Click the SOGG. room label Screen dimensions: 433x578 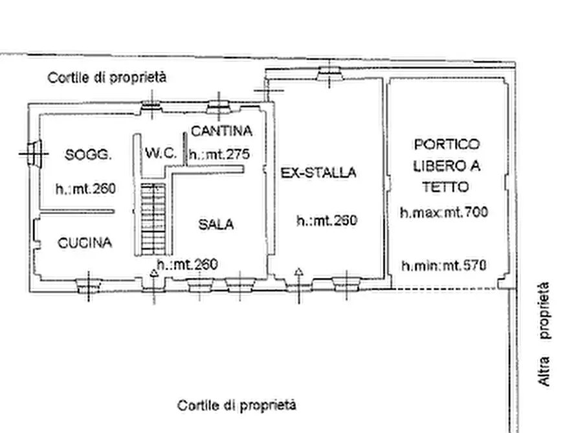pos(89,154)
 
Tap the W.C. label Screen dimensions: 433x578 pos(161,153)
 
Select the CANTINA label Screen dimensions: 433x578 pos(221,131)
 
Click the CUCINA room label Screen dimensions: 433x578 pos(85,243)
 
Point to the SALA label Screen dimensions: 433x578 pos(216,225)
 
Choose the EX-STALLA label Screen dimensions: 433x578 pos(318,173)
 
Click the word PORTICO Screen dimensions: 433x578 pos(447,143)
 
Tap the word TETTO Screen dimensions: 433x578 pos(446,187)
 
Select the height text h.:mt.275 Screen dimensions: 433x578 pos(219,155)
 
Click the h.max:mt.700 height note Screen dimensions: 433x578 pos(443,211)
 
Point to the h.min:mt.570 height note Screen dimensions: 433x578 pos(443,265)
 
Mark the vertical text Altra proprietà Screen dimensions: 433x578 pos(545,334)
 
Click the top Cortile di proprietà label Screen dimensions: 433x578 pos(107,78)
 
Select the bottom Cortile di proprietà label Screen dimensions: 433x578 pos(237,405)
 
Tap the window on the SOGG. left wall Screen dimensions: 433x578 pos(34,153)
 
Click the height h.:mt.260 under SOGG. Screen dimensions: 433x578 pos(85,189)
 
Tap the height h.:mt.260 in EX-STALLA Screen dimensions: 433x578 pos(327,220)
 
